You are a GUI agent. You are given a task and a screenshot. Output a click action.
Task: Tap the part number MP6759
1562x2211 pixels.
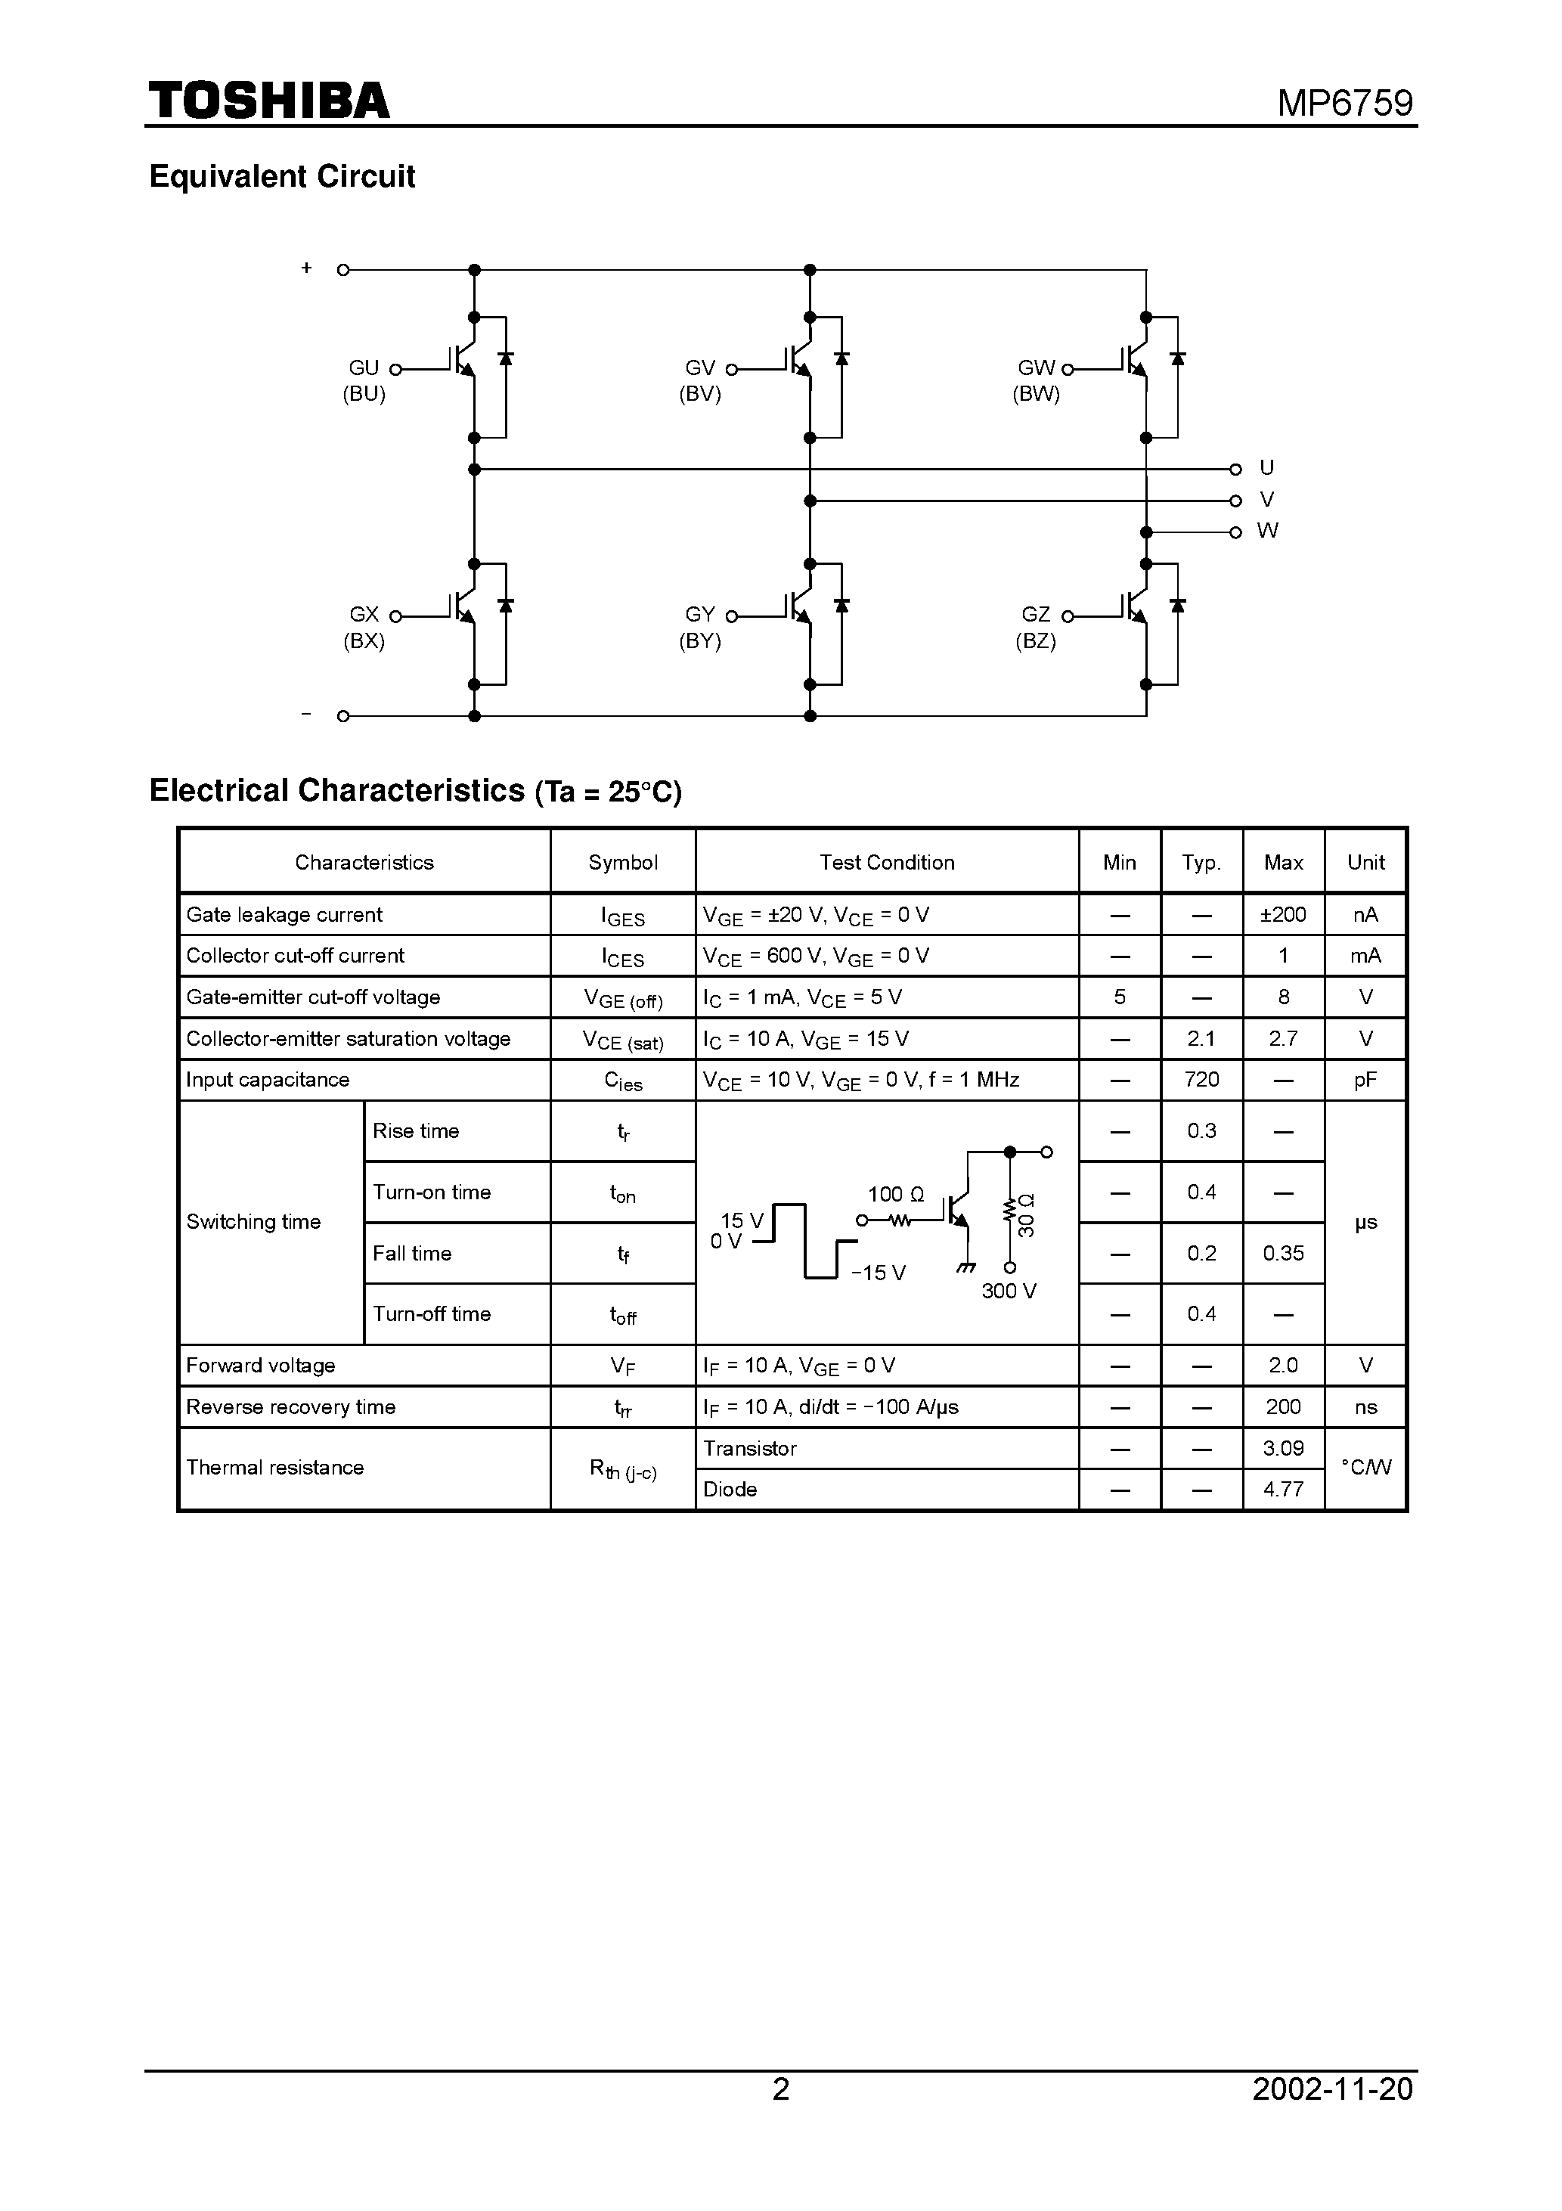click(x=1344, y=103)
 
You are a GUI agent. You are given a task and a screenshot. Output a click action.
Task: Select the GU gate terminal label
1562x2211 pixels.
click(x=363, y=367)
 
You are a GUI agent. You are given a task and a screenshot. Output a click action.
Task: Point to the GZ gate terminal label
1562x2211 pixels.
click(x=1035, y=615)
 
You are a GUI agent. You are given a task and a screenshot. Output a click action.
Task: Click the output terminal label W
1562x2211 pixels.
click(x=1266, y=531)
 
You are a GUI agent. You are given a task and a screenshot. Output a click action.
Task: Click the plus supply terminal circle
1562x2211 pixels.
click(x=342, y=270)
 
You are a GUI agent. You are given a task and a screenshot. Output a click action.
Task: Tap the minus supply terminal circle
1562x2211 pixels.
click(x=342, y=716)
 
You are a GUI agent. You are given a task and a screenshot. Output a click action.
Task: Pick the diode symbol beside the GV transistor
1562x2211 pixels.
click(x=841, y=359)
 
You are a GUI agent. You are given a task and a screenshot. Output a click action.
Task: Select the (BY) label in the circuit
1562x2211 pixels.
click(x=699, y=641)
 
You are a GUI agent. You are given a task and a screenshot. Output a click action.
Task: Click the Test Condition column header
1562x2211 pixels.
click(x=886, y=862)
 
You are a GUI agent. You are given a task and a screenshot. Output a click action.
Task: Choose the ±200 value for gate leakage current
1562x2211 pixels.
click(x=1283, y=915)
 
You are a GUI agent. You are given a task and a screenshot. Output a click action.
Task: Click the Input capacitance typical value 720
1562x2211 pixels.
click(x=1201, y=1080)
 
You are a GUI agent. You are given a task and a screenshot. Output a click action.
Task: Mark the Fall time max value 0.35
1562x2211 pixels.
click(x=1283, y=1253)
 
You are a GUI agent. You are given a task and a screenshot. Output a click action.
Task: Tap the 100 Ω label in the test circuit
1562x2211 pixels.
click(x=896, y=1194)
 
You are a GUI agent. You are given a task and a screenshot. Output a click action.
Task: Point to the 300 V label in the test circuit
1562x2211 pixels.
click(x=1009, y=1292)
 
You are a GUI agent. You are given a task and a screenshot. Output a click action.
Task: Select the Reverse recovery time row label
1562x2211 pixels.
click(x=291, y=1407)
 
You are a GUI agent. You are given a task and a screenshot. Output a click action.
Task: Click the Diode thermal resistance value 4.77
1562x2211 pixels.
click(x=1283, y=1489)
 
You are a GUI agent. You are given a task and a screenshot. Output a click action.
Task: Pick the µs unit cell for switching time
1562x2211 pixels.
click(x=1365, y=1222)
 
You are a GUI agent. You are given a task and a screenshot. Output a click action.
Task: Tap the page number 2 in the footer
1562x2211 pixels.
click(x=781, y=2116)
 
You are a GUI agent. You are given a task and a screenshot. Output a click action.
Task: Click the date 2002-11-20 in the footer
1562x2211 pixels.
click(x=1332, y=2116)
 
